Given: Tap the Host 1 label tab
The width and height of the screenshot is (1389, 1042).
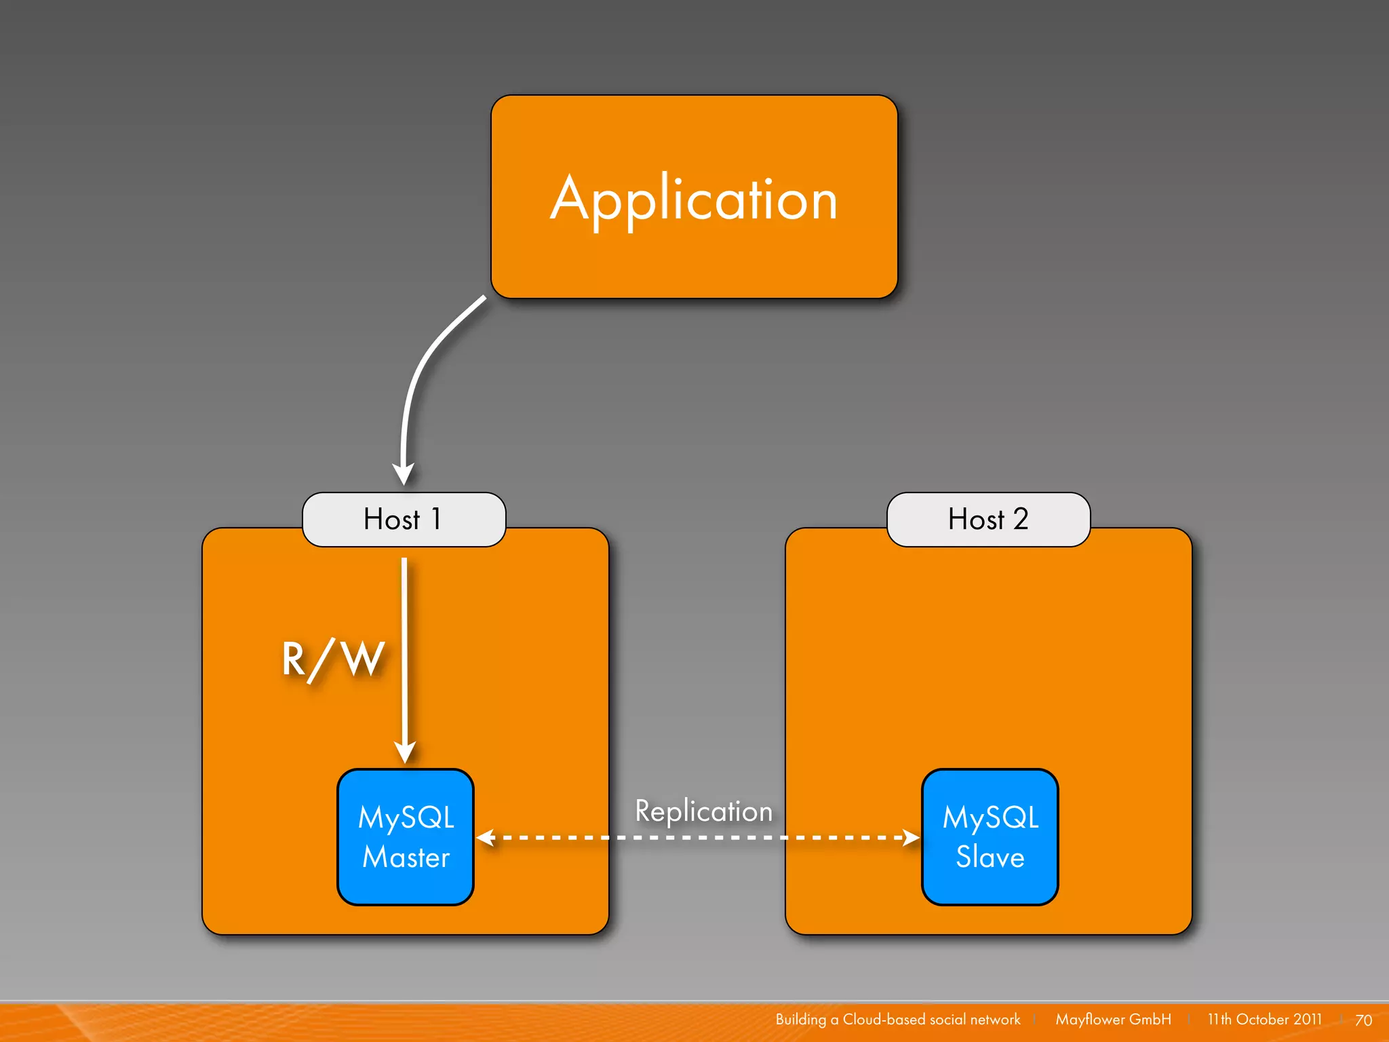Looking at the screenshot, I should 404,520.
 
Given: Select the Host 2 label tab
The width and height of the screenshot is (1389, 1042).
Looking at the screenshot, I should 988,520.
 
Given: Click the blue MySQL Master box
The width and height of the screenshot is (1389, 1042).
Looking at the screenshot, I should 406,836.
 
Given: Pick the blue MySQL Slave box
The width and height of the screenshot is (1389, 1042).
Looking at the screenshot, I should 990,836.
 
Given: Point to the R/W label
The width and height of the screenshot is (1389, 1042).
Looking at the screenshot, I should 333,659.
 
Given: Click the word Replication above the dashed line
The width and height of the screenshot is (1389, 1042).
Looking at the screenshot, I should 703,811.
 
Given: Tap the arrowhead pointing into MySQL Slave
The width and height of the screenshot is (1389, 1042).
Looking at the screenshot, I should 912,838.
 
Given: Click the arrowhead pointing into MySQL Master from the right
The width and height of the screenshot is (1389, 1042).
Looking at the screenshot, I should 484,838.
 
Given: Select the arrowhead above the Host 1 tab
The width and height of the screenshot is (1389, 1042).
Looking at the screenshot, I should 404,473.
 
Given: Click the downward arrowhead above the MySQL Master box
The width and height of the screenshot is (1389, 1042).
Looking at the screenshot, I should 405,752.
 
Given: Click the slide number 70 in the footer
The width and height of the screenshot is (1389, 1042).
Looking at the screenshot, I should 1363,1020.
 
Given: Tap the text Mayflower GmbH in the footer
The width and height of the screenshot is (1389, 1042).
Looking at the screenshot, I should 1113,1020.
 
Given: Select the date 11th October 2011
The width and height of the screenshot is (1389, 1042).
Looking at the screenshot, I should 1264,1020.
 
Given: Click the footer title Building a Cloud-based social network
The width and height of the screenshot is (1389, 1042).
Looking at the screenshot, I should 897,1020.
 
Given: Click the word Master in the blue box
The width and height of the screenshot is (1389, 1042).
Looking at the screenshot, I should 406,857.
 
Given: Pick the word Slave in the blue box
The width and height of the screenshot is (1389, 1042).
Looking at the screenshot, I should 990,857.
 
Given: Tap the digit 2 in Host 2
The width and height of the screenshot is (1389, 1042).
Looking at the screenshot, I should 1021,519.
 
